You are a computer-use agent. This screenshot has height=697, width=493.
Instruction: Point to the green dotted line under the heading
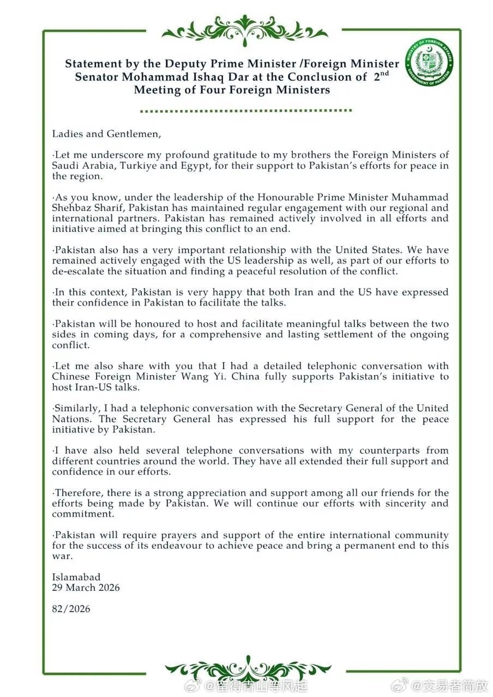click(x=246, y=110)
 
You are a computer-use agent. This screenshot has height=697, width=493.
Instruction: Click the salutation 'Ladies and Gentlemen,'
click(x=107, y=133)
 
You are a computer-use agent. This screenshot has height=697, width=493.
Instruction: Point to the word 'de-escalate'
click(x=80, y=271)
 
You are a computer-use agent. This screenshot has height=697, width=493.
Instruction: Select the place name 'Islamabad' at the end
click(x=76, y=577)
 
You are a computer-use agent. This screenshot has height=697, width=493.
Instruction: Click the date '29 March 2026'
click(x=86, y=588)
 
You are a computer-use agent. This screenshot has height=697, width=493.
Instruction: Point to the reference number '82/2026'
click(x=71, y=609)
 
